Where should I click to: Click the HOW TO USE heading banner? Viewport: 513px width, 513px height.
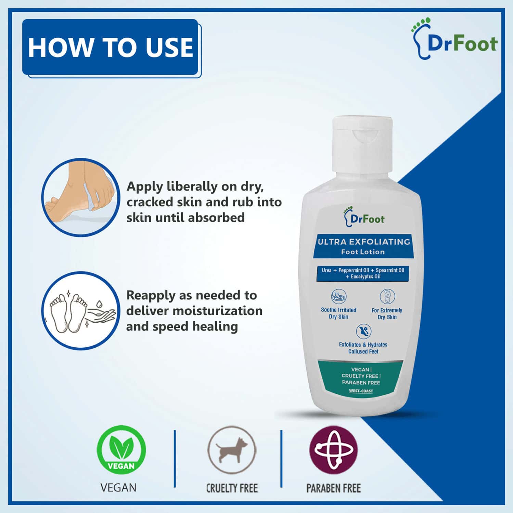click(110, 47)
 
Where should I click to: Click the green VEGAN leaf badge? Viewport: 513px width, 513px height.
click(121, 450)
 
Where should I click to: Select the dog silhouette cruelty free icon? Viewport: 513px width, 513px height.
click(232, 449)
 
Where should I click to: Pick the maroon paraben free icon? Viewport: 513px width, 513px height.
click(333, 449)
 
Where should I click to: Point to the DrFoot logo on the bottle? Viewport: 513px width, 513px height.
click(364, 217)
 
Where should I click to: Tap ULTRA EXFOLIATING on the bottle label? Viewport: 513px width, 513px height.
click(363, 242)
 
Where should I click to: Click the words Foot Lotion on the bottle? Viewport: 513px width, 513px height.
click(363, 252)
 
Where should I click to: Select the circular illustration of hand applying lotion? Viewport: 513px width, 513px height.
click(81, 197)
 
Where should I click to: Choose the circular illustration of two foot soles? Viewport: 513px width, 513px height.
click(81, 311)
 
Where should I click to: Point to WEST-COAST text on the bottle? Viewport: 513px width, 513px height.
click(361, 391)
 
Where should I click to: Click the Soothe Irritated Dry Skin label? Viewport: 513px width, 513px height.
click(338, 313)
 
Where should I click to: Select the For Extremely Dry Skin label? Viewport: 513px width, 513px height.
click(387, 313)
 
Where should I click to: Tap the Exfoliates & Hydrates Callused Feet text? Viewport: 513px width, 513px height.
click(363, 348)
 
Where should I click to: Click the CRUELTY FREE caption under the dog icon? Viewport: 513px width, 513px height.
click(232, 488)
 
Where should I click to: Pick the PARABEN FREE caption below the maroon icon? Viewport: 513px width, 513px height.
click(333, 488)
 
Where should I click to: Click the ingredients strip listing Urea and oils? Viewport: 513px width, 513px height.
click(363, 273)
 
